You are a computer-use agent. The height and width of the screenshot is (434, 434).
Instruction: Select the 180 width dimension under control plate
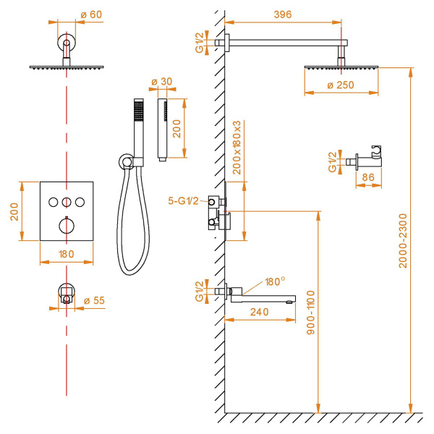click(x=66, y=254)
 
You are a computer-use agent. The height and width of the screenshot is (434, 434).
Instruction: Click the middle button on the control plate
click(x=67, y=202)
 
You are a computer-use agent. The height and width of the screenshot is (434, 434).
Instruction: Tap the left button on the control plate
click(x=53, y=202)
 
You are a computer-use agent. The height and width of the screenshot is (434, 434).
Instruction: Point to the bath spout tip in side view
click(x=291, y=298)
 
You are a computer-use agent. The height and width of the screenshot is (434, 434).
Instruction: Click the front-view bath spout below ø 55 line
click(x=66, y=292)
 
